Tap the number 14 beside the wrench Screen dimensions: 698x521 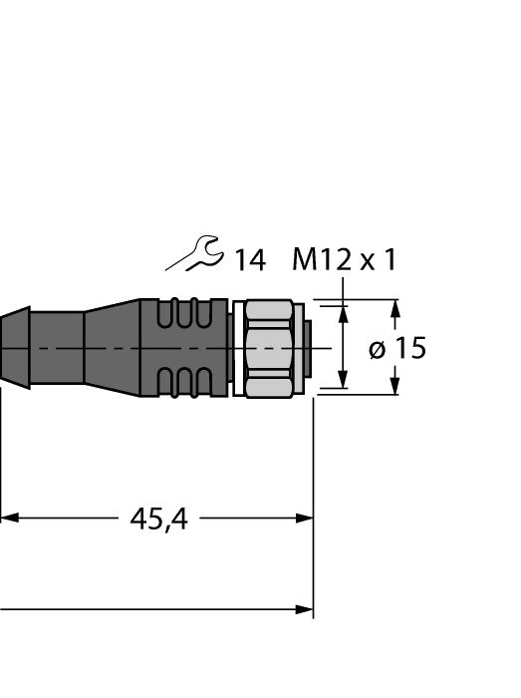click(249, 261)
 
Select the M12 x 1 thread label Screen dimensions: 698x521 click(344, 261)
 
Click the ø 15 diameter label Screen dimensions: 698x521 click(396, 349)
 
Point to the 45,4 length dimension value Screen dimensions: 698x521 click(158, 519)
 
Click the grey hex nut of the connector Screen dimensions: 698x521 click(267, 347)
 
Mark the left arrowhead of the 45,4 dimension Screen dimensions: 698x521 click(8, 519)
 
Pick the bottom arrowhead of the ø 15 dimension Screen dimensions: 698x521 click(395, 387)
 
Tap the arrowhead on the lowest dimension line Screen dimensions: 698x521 click(304, 609)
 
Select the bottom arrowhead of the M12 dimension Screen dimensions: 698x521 click(344, 380)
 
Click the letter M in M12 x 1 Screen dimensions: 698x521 click(305, 261)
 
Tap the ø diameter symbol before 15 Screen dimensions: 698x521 click(378, 350)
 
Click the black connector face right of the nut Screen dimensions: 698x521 click(308, 347)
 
